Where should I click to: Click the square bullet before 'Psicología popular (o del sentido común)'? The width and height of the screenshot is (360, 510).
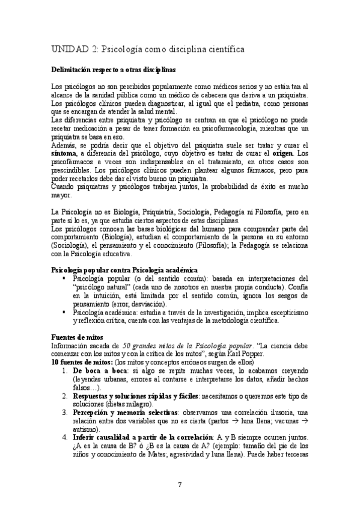63,278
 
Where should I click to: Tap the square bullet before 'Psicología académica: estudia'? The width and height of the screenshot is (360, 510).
63,312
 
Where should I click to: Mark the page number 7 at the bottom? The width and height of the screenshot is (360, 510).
180,484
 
